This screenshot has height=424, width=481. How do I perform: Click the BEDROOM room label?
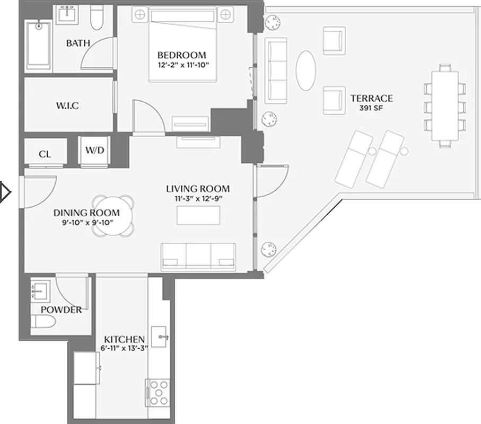click(x=181, y=55)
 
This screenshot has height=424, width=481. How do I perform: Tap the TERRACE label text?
click(x=371, y=98)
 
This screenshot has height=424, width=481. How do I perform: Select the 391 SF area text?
click(x=371, y=108)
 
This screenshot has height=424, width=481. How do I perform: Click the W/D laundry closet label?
click(x=95, y=151)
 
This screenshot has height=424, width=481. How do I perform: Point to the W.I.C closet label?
click(x=67, y=105)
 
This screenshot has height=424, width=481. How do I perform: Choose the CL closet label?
click(x=45, y=154)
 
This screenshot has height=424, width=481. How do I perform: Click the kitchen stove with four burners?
click(x=158, y=393)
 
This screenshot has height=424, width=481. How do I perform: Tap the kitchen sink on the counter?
click(x=160, y=336)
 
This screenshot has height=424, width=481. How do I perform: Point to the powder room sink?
click(x=40, y=289)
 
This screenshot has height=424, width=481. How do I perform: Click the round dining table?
click(x=113, y=215)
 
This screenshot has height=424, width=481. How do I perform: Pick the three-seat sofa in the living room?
click(x=198, y=257)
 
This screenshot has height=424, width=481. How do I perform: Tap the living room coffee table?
click(x=198, y=215)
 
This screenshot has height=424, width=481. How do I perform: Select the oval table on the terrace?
click(x=305, y=70)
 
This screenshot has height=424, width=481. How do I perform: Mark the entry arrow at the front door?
click(x=5, y=192)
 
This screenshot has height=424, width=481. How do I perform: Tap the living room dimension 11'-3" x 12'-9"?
click(x=198, y=199)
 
